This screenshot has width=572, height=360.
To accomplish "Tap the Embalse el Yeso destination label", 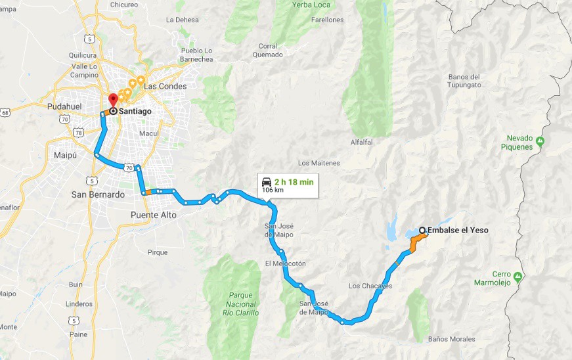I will click(458, 230).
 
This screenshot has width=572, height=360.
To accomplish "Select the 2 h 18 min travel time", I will click(294, 181).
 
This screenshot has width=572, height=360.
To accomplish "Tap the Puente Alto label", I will click(154, 215).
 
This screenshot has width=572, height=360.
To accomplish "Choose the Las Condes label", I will click(165, 86).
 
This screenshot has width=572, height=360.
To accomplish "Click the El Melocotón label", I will click(285, 263).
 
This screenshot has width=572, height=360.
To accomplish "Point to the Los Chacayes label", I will click(370, 286).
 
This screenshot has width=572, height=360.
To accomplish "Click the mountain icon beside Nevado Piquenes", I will click(540, 140).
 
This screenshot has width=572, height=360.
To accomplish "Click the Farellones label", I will click(328, 20).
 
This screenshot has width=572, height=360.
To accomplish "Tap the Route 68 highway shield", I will click(5, 113).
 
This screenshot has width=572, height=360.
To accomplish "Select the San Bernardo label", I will click(98, 194).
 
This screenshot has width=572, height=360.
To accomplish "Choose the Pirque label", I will click(158, 252).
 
